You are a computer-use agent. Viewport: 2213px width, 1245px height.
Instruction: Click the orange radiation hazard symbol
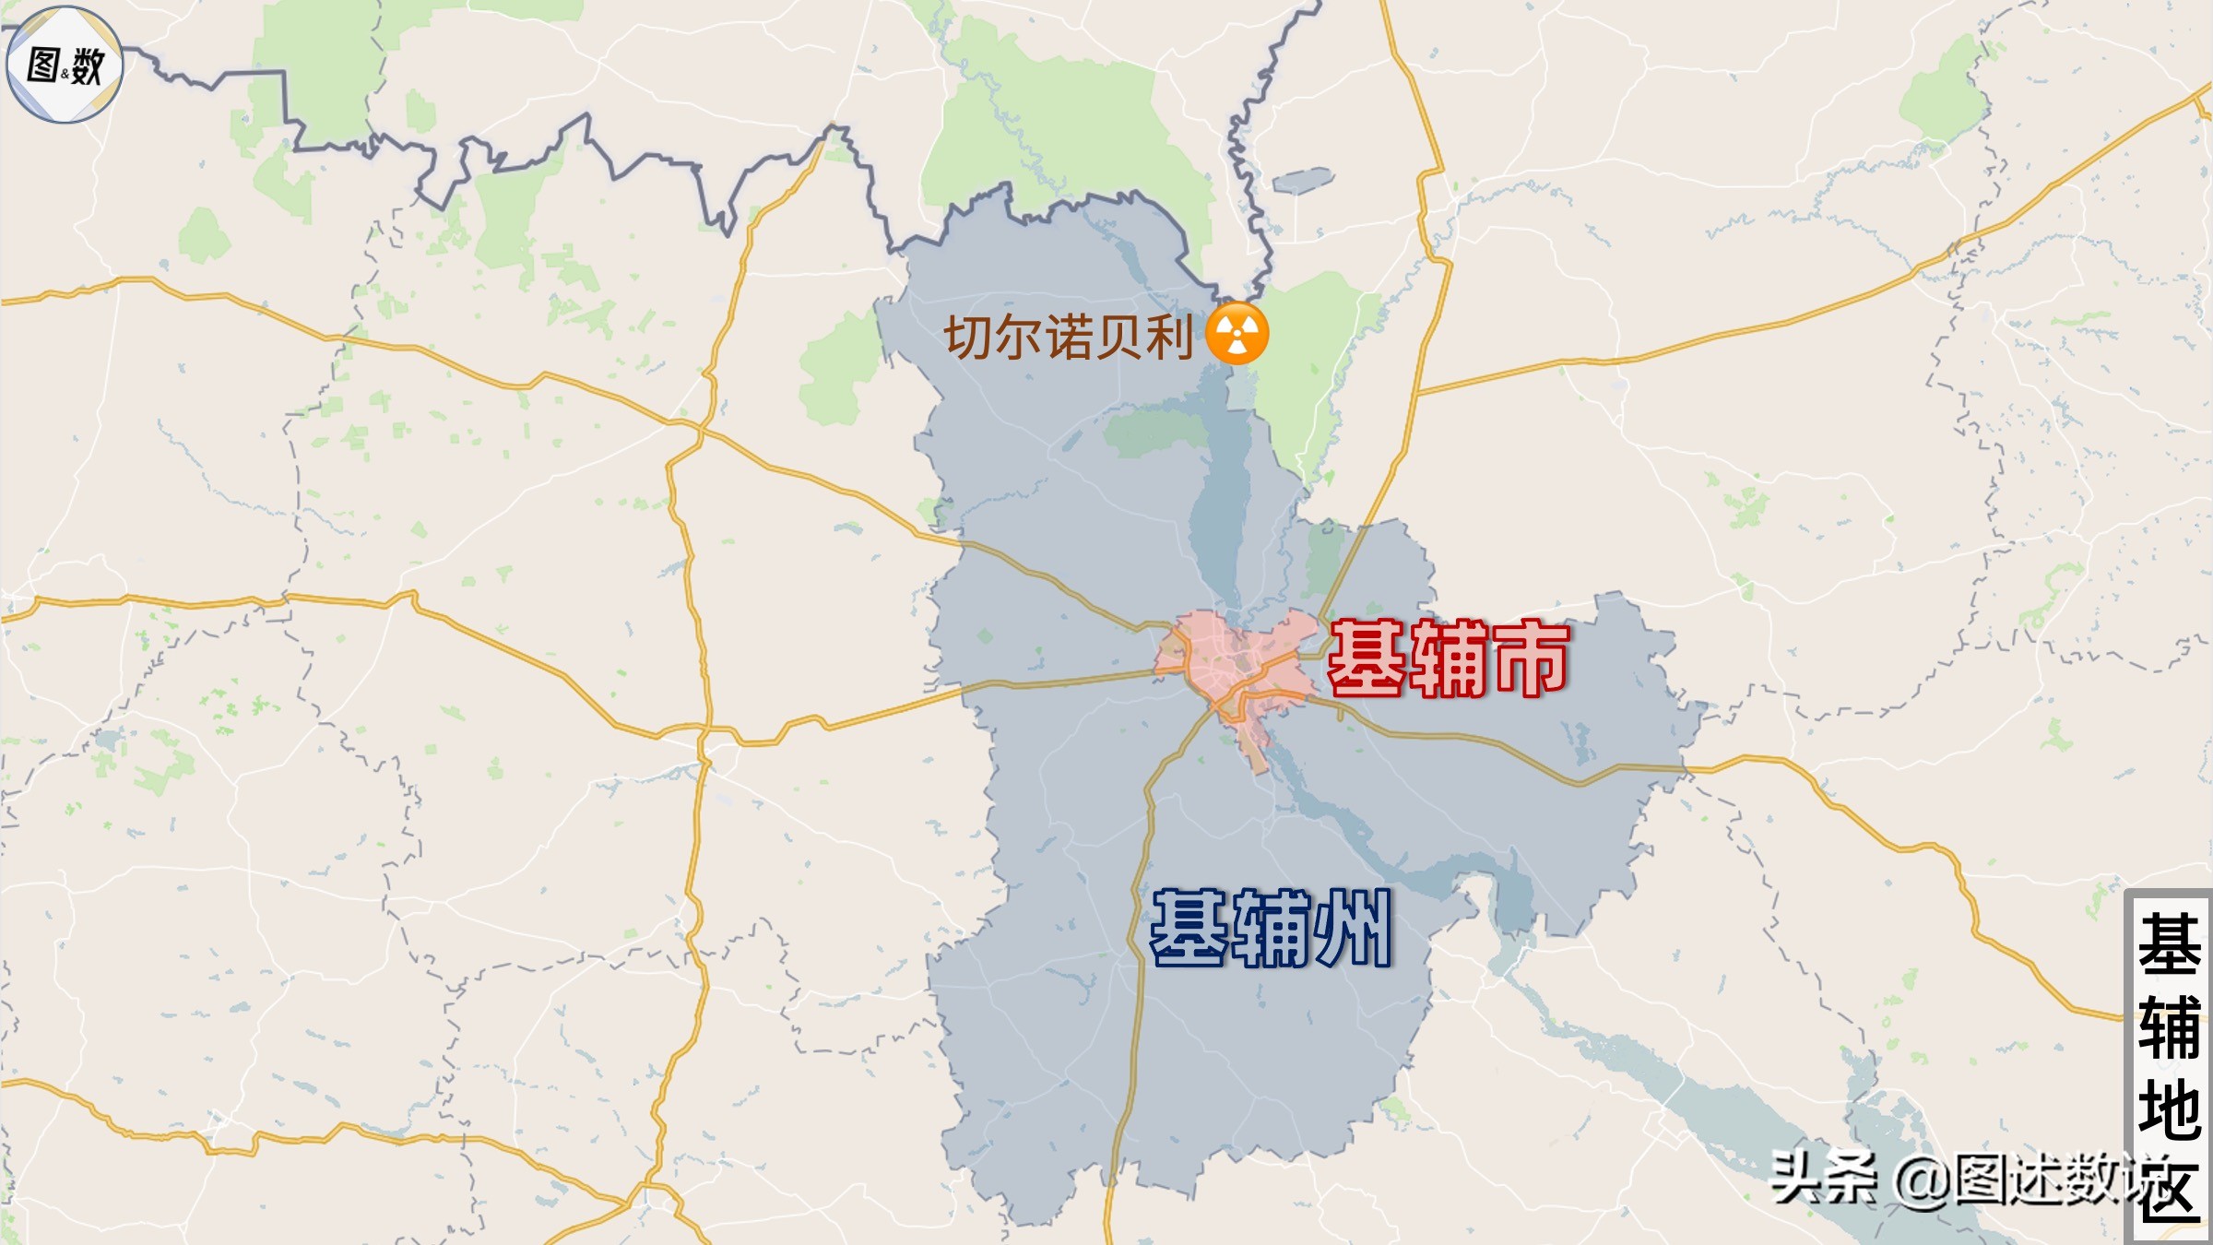(1237, 333)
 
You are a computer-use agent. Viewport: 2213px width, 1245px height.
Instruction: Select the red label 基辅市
(1448, 658)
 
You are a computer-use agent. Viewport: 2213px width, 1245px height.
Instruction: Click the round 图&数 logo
(65, 65)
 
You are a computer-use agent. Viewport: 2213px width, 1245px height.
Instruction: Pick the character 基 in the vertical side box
(2169, 945)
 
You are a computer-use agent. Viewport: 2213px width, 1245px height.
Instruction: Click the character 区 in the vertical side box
(2169, 1190)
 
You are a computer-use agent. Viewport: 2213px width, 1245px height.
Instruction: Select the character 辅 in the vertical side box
(2169, 1027)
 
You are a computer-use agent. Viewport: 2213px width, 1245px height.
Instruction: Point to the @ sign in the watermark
(1922, 1180)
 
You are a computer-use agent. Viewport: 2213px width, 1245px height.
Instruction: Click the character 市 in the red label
(1531, 658)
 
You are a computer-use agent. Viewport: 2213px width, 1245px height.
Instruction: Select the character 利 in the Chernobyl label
(1169, 337)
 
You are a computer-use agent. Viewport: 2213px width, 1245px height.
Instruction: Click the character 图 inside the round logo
(44, 65)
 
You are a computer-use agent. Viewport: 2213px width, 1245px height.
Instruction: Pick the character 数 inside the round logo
(88, 66)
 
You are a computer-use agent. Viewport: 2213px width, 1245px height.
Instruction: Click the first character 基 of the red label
(1366, 658)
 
